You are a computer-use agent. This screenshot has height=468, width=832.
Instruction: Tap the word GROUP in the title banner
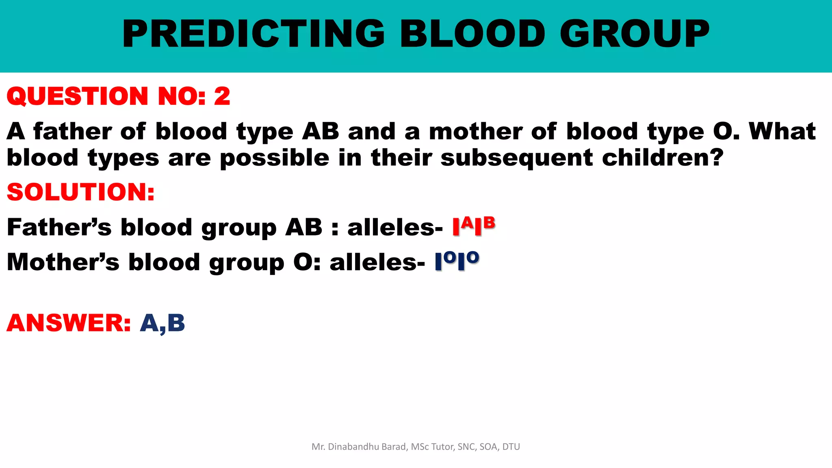(635, 34)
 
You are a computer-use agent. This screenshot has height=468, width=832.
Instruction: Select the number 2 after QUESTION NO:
(222, 97)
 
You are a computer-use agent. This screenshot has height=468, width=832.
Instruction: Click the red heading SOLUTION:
(81, 192)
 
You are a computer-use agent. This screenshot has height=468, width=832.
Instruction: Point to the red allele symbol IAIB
(474, 226)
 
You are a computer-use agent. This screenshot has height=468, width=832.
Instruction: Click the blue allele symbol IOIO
(457, 261)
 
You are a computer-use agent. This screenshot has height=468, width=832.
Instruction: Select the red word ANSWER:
(69, 323)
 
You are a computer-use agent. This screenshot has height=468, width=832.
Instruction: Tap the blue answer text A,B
(162, 323)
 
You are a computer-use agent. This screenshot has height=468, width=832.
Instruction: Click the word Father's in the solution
(59, 227)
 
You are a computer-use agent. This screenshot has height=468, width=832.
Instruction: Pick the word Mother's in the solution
(63, 262)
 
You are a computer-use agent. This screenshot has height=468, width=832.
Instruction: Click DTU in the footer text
(511, 447)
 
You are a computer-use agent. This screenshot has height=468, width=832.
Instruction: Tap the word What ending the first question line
(782, 131)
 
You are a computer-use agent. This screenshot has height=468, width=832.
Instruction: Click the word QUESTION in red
(77, 97)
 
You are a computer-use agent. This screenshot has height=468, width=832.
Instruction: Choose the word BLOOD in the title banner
(472, 34)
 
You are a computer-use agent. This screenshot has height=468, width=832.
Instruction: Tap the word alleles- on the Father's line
(395, 227)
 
